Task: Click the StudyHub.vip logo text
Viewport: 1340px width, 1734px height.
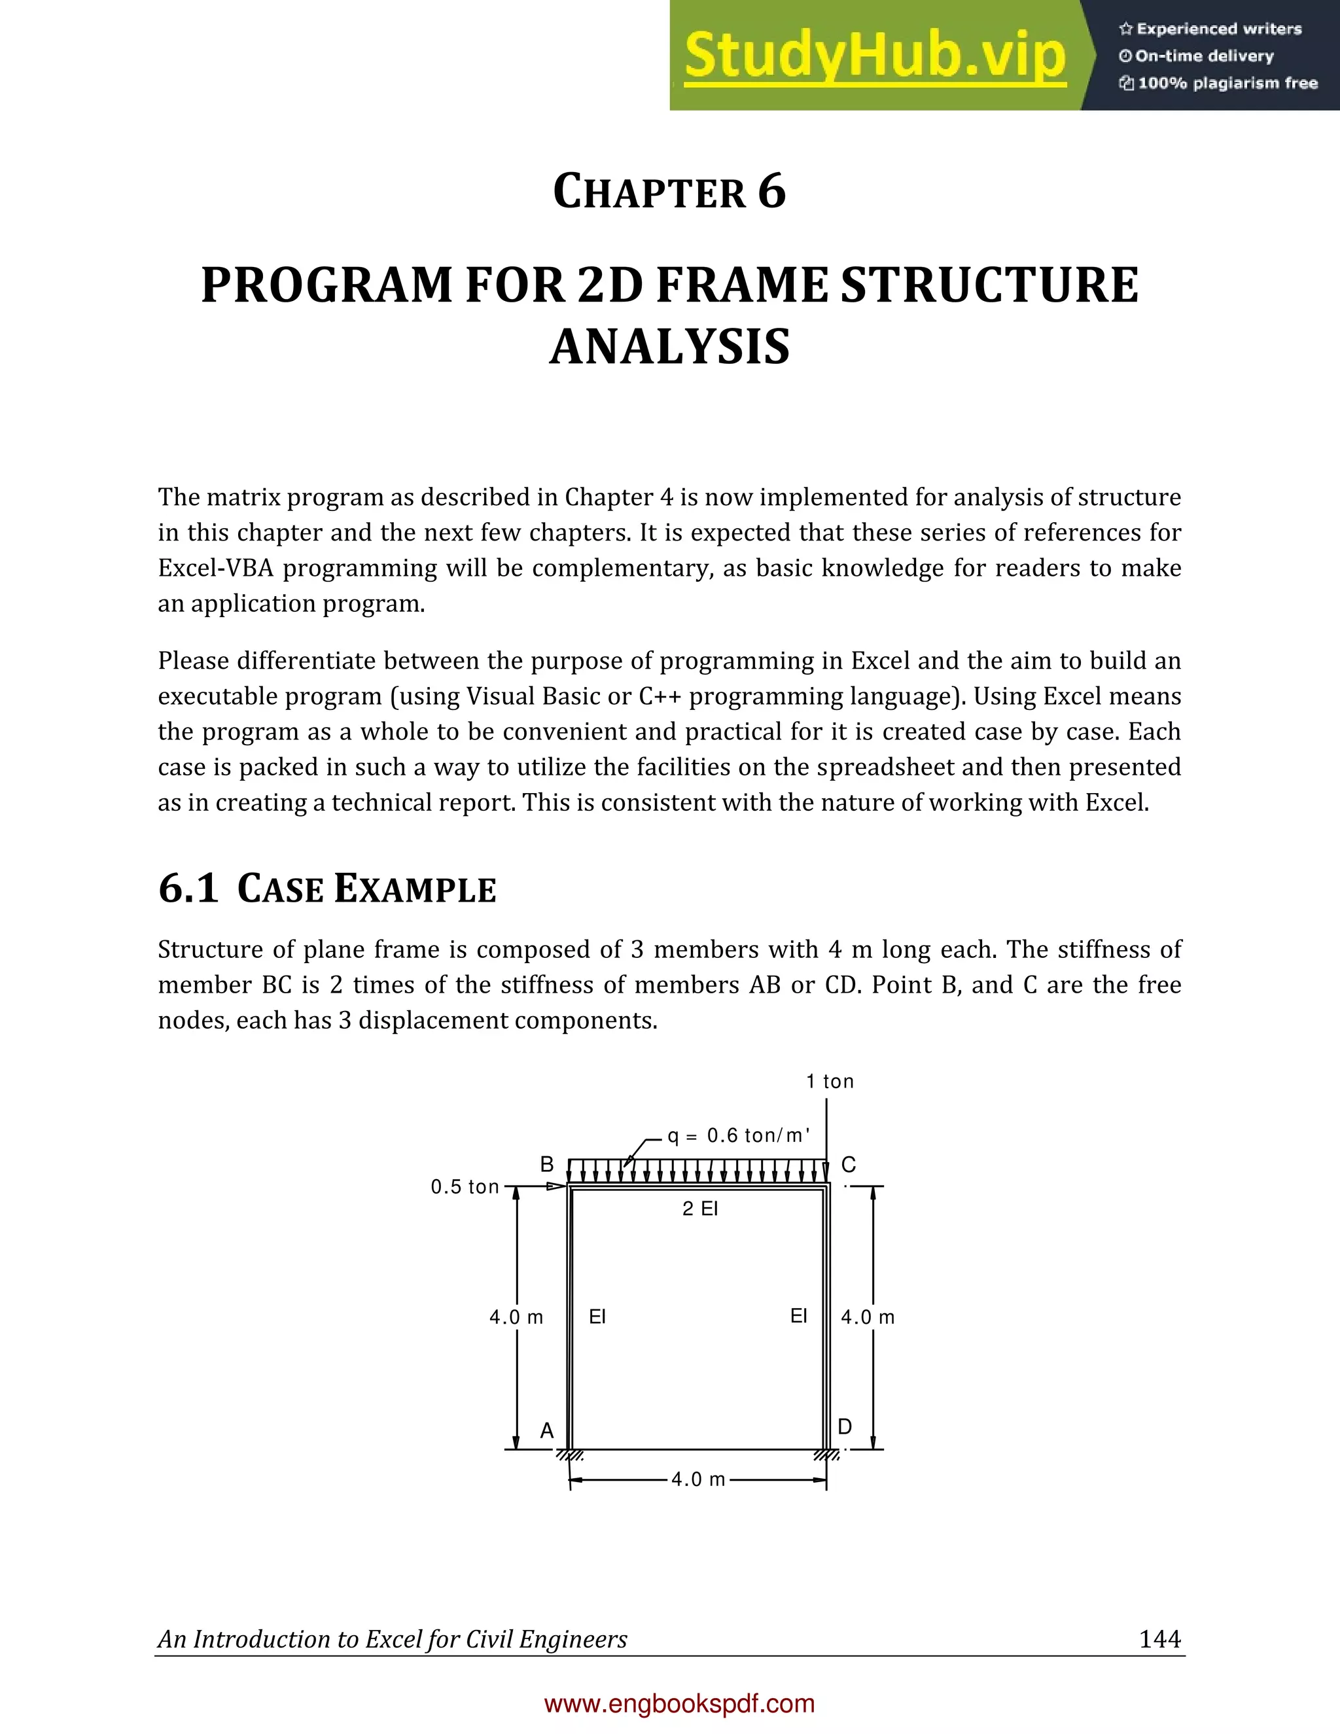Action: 874,56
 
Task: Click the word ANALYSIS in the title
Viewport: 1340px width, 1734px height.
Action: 669,347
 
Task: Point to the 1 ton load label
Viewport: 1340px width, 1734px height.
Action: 830,1082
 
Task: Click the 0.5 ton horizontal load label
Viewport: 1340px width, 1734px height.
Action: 465,1187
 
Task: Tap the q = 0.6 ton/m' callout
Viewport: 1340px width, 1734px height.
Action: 738,1135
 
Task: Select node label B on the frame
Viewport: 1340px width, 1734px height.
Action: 547,1165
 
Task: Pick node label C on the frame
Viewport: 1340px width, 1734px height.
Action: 849,1165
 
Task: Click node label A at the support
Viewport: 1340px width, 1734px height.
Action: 547,1430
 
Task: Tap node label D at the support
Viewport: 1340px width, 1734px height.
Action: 845,1426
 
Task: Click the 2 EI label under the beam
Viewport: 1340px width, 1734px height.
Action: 700,1209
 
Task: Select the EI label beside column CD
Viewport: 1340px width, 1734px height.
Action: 799,1316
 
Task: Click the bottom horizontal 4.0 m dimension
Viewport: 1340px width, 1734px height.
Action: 697,1479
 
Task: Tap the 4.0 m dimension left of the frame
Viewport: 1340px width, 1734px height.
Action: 516,1317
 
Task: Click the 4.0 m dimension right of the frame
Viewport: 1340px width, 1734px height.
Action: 868,1317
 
